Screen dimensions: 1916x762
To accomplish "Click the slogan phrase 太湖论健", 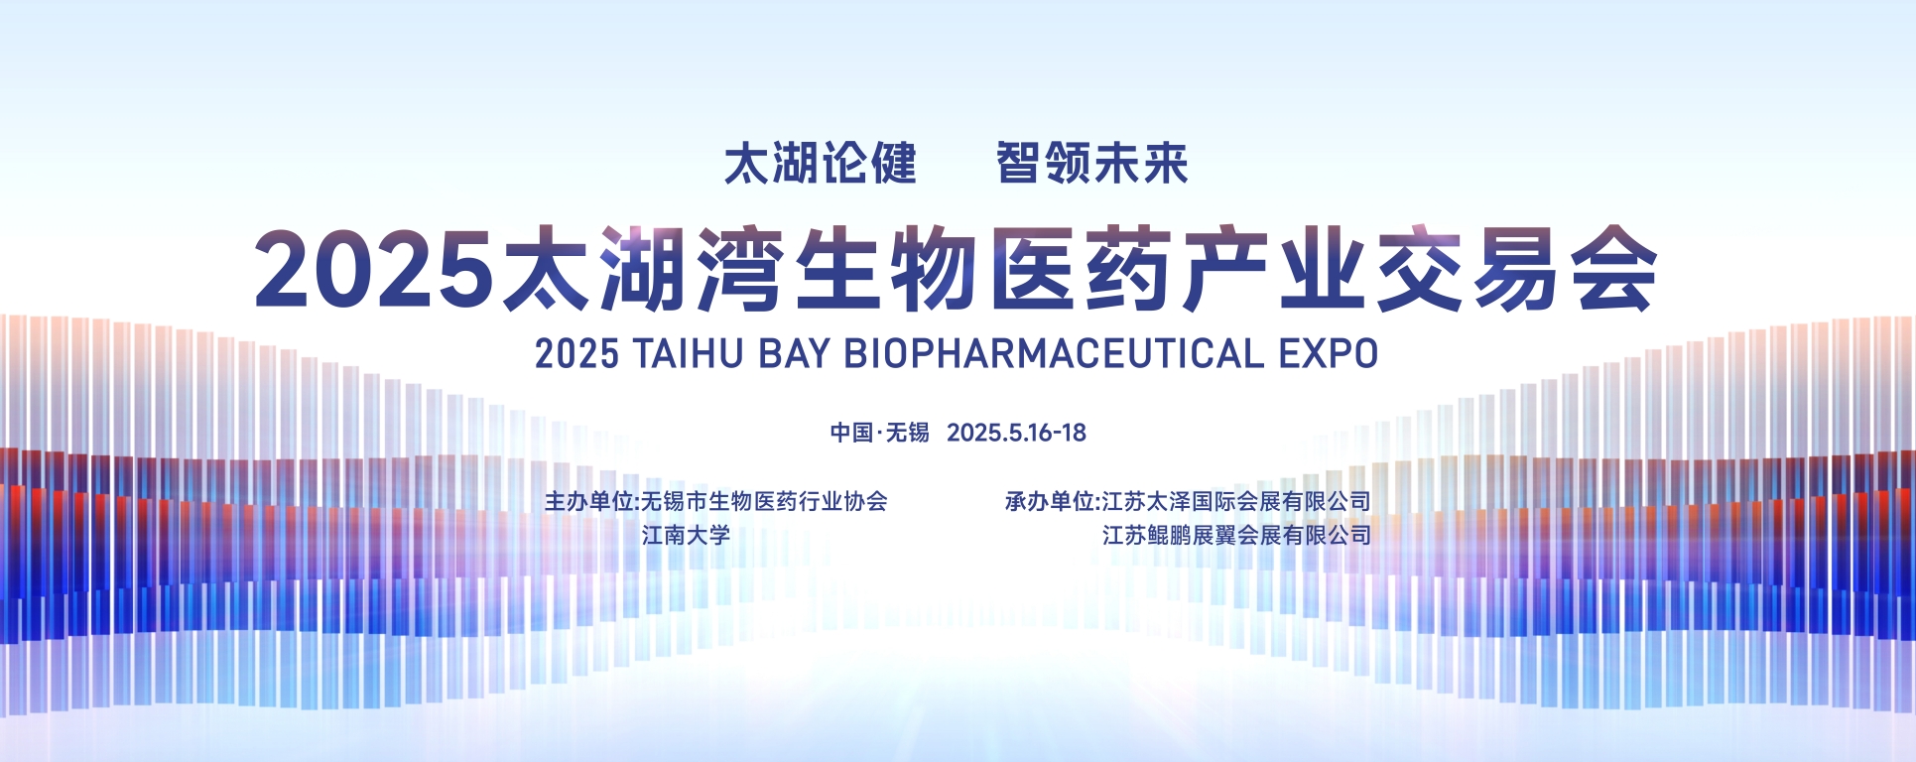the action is pyautogui.click(x=821, y=164).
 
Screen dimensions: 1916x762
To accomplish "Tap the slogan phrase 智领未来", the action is pyautogui.click(x=1092, y=164).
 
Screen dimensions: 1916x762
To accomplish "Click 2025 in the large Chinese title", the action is pyautogui.click(x=374, y=269).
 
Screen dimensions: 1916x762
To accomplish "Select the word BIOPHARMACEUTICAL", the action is pyautogui.click(x=1054, y=354).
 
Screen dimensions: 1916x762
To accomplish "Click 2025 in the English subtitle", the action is pyautogui.click(x=576, y=354).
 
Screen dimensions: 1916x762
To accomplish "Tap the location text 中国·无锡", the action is pyautogui.click(x=880, y=433).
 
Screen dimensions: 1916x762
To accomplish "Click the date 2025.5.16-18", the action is pyautogui.click(x=1016, y=433).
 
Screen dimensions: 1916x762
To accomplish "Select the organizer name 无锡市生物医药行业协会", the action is pyautogui.click(x=764, y=502).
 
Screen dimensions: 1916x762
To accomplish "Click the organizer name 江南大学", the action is pyautogui.click(x=686, y=536).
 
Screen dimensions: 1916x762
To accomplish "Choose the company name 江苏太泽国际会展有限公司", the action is pyautogui.click(x=1236, y=502).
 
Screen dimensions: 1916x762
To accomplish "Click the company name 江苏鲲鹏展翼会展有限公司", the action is pyautogui.click(x=1236, y=536).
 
